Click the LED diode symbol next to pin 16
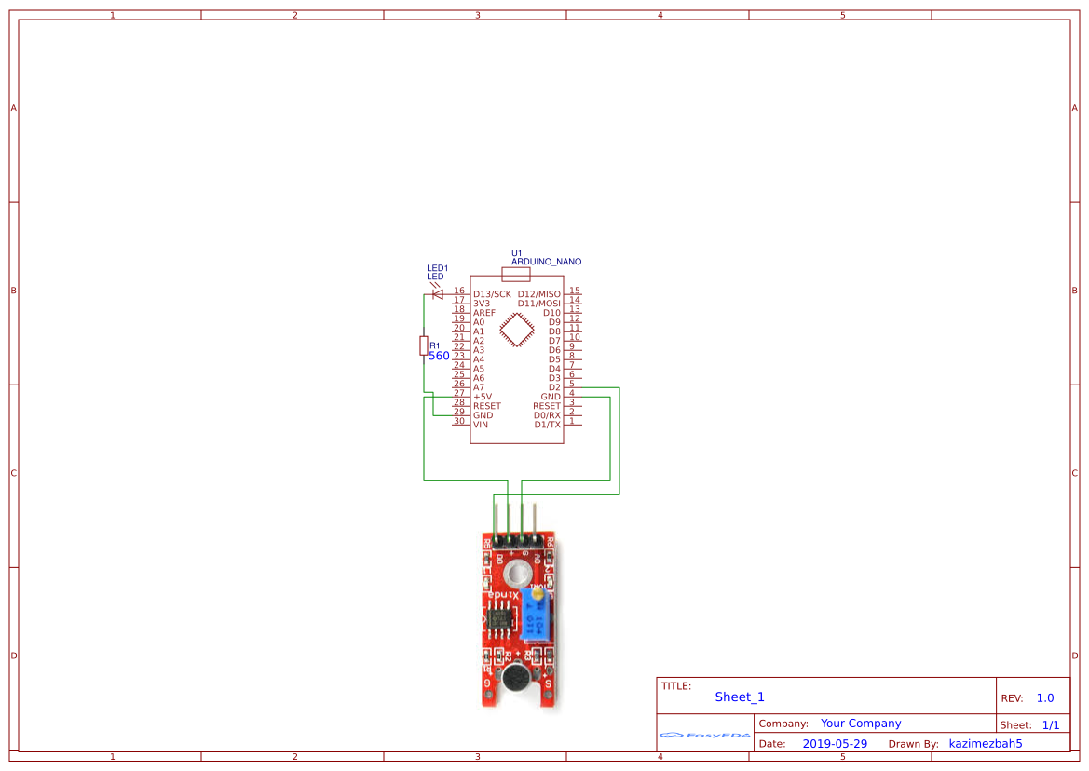coord(437,294)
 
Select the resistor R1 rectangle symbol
coord(424,345)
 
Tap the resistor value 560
coord(439,356)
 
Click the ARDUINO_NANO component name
coord(546,262)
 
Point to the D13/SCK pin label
coord(492,294)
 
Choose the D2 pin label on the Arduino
coord(554,387)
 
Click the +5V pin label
coord(482,397)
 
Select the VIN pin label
coord(480,425)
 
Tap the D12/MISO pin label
coord(539,294)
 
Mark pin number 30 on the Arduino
coord(458,421)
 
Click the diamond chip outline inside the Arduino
coord(516,330)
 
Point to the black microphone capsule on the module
coord(513,679)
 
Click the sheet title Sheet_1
coord(739,697)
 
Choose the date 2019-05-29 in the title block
coord(834,743)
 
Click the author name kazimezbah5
coord(985,743)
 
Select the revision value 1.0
coord(1044,697)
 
